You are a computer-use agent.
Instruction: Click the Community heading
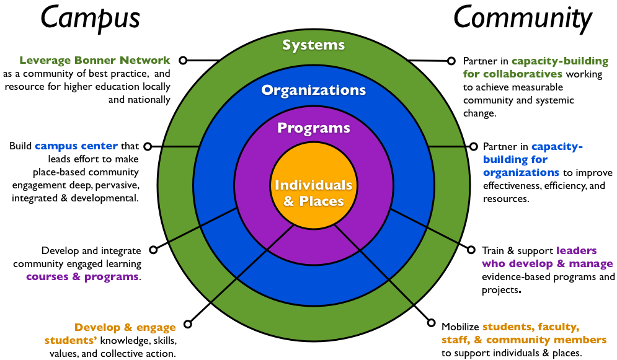[523, 19]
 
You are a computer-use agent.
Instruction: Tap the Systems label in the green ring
[313, 45]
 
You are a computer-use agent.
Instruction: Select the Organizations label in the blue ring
[313, 90]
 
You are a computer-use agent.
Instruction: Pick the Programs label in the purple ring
[313, 128]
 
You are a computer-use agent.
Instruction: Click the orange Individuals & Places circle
[313, 192]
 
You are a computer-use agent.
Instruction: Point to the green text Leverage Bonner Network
[94, 61]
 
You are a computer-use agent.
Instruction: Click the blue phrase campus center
[76, 146]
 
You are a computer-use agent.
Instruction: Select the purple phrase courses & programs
[82, 276]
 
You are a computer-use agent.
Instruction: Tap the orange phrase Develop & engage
[125, 328]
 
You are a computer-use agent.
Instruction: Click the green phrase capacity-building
[561, 61]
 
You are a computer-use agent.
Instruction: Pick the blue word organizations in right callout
[522, 172]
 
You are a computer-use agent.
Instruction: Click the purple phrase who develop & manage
[548, 264]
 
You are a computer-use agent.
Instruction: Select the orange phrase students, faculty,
[531, 327]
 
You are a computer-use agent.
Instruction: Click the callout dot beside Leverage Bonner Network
[182, 61]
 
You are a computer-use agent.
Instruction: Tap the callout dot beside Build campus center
[147, 146]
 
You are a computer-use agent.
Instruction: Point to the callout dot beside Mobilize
[432, 322]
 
